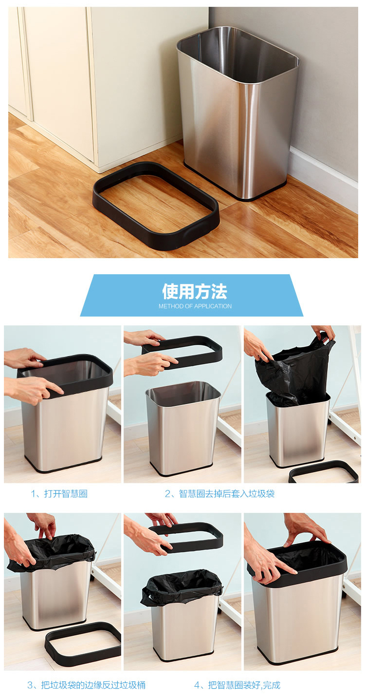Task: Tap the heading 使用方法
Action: (195, 292)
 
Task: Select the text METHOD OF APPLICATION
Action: (195, 306)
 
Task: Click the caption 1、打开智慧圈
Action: (59, 494)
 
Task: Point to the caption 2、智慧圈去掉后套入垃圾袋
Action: (219, 494)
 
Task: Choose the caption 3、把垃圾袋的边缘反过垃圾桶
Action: (87, 685)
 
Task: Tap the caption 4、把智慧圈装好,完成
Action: (237, 685)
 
